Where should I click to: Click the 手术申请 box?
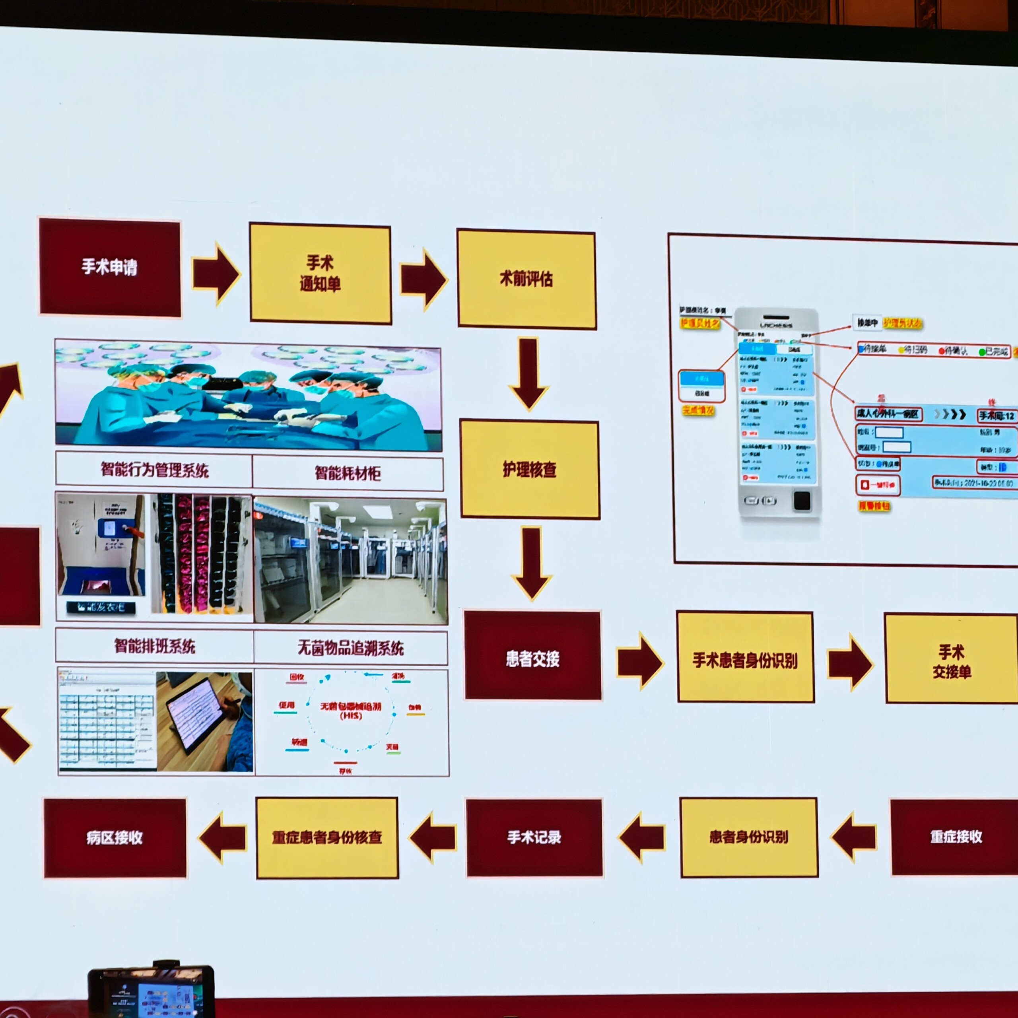point(110,267)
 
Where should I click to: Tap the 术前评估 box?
point(526,279)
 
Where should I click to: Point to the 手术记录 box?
point(534,837)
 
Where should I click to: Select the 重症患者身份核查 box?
point(327,837)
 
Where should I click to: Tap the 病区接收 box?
point(115,837)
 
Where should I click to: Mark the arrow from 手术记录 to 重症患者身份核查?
point(433,837)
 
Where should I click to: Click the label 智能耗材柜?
point(348,473)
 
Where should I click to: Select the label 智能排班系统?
point(155,646)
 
